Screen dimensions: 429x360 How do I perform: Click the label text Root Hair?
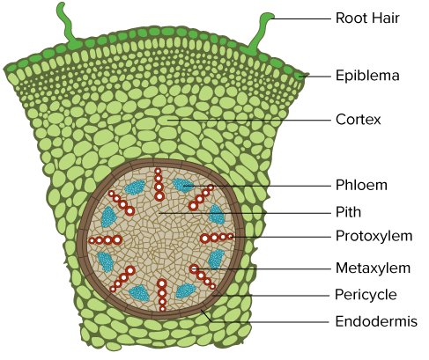[x=367, y=18]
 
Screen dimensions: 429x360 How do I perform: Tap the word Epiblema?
[x=367, y=76]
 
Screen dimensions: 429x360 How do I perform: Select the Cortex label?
[x=359, y=120]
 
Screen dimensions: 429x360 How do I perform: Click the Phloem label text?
[x=361, y=185]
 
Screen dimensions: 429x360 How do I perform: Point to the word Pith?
[x=348, y=212]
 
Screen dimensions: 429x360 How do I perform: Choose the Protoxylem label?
[x=374, y=236]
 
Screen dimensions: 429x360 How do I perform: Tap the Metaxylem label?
[x=373, y=268]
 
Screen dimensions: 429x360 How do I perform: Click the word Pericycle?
[x=366, y=295]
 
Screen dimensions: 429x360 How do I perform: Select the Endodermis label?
[x=376, y=321]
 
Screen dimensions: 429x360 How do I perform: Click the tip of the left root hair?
[x=61, y=5]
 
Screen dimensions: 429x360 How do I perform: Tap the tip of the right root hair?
[x=270, y=15]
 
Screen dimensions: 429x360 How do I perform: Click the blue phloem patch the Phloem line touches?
[x=183, y=185]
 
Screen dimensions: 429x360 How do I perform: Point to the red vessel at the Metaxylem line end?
[x=194, y=268]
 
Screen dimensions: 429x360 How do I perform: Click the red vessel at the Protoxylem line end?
[x=231, y=236]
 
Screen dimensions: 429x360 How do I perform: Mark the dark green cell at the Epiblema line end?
[x=300, y=77]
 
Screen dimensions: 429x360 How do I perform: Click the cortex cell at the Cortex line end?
[x=168, y=121]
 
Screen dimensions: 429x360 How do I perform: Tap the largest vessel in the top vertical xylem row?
[x=159, y=196]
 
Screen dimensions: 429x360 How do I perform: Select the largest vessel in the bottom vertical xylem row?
[x=162, y=283]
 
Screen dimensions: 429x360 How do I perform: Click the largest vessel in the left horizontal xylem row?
[x=117, y=240]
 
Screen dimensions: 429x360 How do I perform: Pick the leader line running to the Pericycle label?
[x=271, y=296]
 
